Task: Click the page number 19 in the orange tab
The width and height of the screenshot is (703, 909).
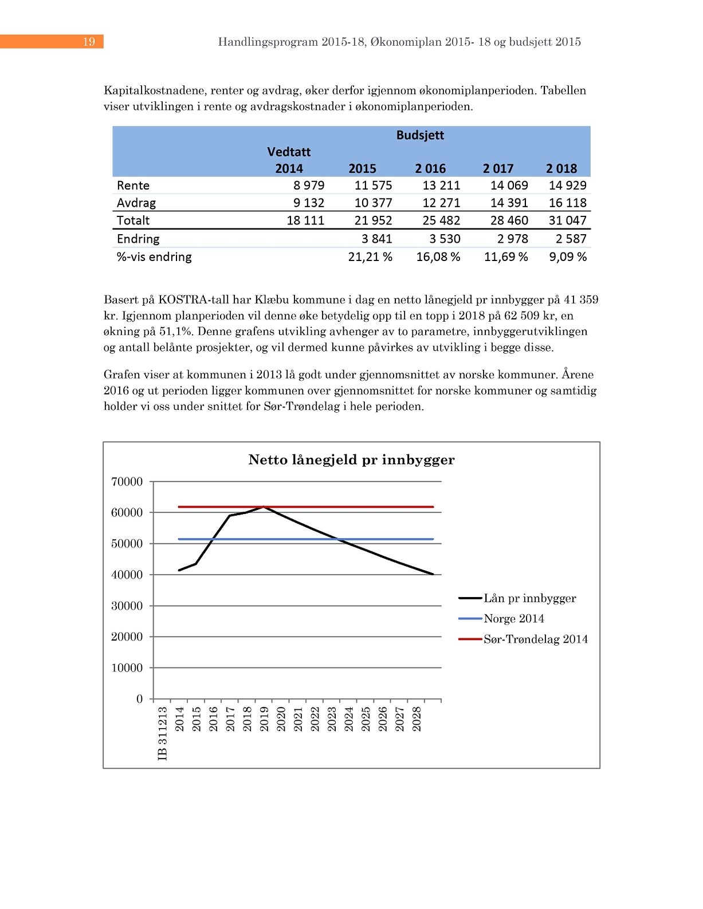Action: [x=89, y=42]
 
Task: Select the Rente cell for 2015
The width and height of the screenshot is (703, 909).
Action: [x=373, y=185]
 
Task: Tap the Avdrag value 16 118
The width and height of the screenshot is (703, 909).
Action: [x=567, y=203]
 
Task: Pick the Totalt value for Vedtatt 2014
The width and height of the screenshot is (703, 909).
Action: [x=305, y=220]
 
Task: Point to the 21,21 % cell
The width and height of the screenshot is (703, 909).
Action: [x=370, y=257]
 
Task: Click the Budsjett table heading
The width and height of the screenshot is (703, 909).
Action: [x=420, y=135]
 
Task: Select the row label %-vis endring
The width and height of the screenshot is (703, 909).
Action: [x=154, y=257]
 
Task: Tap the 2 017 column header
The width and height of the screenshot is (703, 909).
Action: [x=498, y=169]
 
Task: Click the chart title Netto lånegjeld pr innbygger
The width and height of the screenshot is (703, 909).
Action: [x=351, y=460]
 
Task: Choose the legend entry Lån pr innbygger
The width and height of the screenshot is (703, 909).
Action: [x=529, y=598]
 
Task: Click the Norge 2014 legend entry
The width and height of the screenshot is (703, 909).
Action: [x=513, y=619]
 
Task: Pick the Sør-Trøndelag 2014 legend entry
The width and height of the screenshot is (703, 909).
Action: [x=535, y=639]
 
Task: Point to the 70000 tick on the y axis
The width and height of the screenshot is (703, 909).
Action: [x=127, y=482]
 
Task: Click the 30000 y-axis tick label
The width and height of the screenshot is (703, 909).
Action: [x=127, y=606]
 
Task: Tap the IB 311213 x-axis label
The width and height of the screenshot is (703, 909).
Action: [x=163, y=733]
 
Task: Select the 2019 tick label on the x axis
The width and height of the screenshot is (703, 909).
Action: [x=264, y=719]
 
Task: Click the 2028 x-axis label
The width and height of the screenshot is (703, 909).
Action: [x=417, y=719]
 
